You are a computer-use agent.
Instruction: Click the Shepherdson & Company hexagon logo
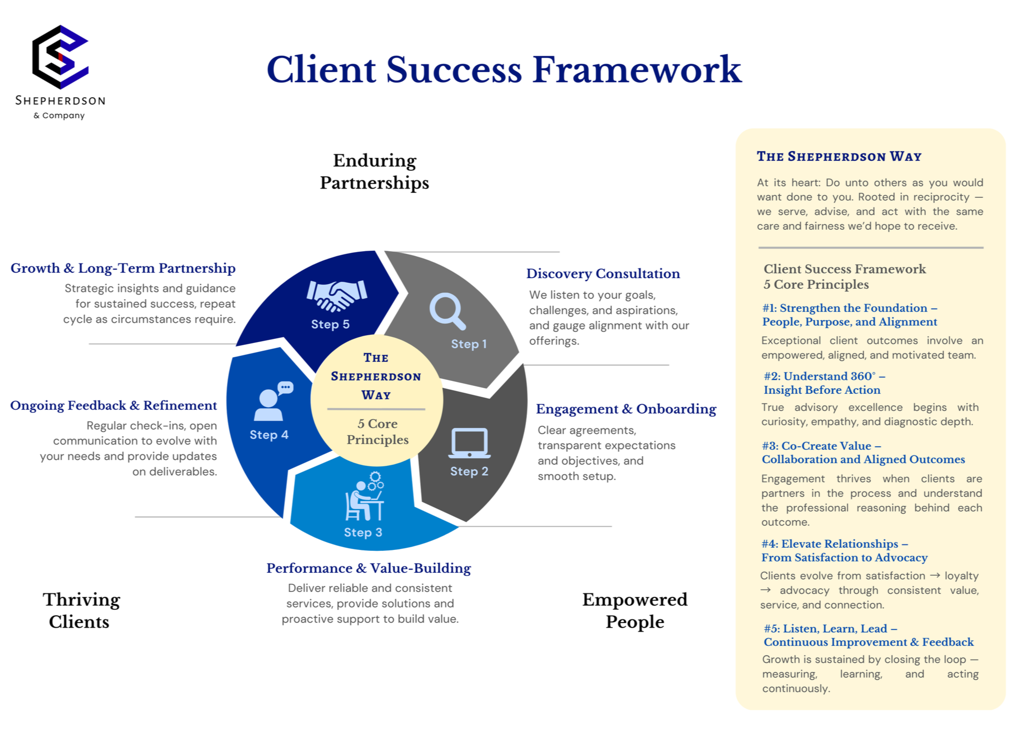[x=60, y=57]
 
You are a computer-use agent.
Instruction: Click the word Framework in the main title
[x=637, y=69]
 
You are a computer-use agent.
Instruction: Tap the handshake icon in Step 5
[x=337, y=296]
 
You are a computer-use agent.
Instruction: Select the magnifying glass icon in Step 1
[x=447, y=311]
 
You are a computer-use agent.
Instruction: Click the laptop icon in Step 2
[x=469, y=443]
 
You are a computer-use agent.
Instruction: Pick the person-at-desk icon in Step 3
[x=365, y=497]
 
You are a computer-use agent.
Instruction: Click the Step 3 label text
[x=363, y=533]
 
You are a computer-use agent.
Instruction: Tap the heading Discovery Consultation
[x=603, y=274]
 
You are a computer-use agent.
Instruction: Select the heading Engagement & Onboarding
[x=626, y=409]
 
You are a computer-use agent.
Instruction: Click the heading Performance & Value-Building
[x=369, y=568]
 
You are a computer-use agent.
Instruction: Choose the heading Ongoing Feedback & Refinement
[x=113, y=406]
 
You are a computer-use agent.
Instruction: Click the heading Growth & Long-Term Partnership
[x=123, y=268]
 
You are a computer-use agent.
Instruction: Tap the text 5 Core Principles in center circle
[x=377, y=432]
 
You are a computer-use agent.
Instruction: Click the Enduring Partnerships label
[x=374, y=172]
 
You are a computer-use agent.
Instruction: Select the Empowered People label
[x=635, y=611]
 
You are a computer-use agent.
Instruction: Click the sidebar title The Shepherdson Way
[x=839, y=157]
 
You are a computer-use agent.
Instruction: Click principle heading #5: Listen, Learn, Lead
[x=867, y=635]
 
